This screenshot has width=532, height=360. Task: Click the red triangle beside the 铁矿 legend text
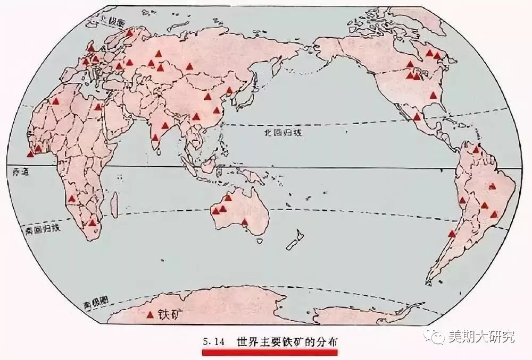[151, 314]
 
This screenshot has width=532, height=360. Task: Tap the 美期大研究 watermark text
[482, 337]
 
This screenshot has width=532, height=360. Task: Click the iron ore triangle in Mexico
[417, 116]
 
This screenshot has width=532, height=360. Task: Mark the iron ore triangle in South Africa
[93, 223]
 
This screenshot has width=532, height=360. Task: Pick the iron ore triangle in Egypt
[98, 107]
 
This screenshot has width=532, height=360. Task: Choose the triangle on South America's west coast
[452, 233]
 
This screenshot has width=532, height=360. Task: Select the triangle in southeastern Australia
[245, 222]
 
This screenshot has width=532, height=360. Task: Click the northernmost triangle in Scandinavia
[129, 32]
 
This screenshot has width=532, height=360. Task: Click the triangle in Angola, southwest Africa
[71, 199]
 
